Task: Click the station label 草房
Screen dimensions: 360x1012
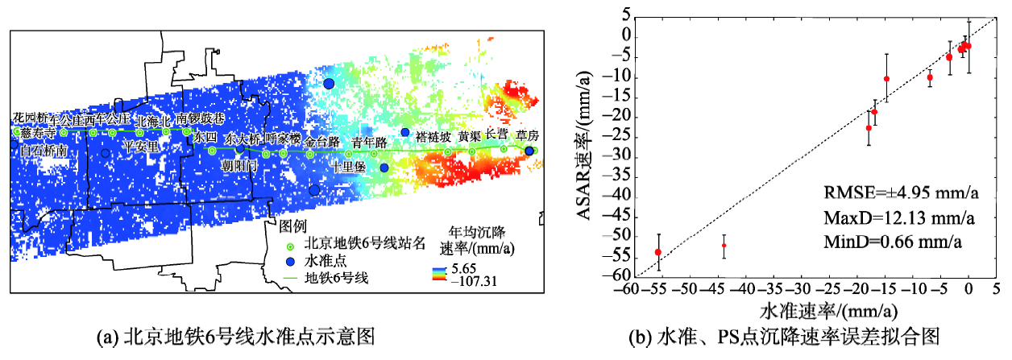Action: (x=527, y=134)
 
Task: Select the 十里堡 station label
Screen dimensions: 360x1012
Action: (x=349, y=166)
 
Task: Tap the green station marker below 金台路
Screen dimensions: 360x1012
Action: (x=310, y=154)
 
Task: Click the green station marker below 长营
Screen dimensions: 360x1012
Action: (x=504, y=149)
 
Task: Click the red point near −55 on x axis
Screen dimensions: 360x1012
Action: (x=658, y=252)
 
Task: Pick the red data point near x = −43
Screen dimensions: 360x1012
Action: (x=724, y=245)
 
